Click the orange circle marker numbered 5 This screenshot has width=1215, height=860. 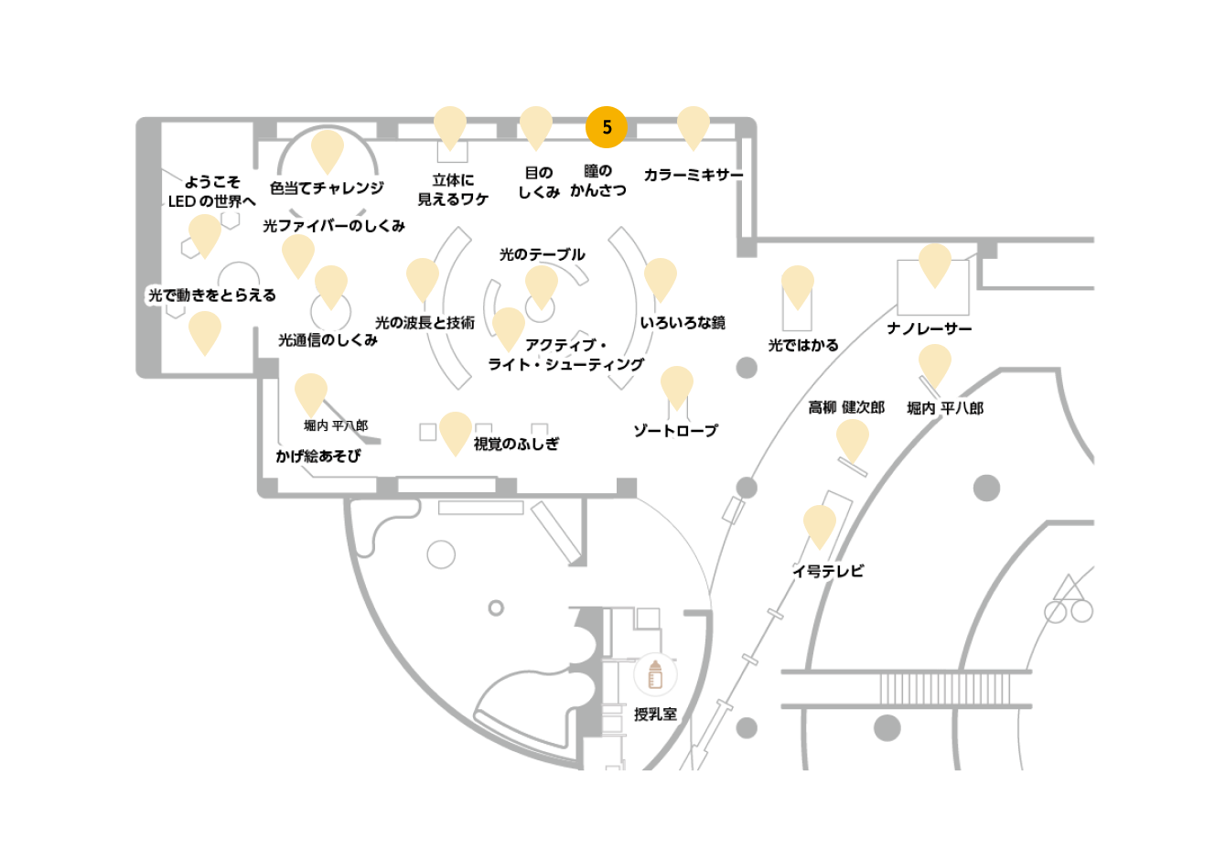pyautogui.click(x=607, y=127)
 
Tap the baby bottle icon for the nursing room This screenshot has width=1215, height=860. pyautogui.click(x=655, y=674)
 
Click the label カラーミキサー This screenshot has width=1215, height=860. pyautogui.click(x=694, y=175)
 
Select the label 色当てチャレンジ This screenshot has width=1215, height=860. pyautogui.click(x=327, y=188)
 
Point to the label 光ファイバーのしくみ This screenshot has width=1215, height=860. pyautogui.click(x=334, y=226)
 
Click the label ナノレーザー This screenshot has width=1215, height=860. pyautogui.click(x=930, y=328)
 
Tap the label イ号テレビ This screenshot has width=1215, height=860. pyautogui.click(x=828, y=571)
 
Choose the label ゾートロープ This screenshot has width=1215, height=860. pyautogui.click(x=676, y=431)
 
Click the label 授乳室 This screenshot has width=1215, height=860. pyautogui.click(x=655, y=715)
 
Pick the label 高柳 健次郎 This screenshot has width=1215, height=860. pyautogui.click(x=846, y=407)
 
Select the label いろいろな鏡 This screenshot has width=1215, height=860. pyautogui.click(x=683, y=323)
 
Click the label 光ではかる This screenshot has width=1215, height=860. pyautogui.click(x=803, y=345)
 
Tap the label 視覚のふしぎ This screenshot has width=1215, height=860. pyautogui.click(x=516, y=444)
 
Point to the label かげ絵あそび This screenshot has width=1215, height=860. pyautogui.click(x=317, y=456)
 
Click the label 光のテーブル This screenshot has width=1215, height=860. pyautogui.click(x=542, y=254)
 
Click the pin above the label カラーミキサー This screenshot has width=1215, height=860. pyautogui.click(x=694, y=128)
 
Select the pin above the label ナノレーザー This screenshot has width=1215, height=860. pyautogui.click(x=935, y=265)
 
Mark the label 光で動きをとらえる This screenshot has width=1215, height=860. pyautogui.click(x=212, y=295)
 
